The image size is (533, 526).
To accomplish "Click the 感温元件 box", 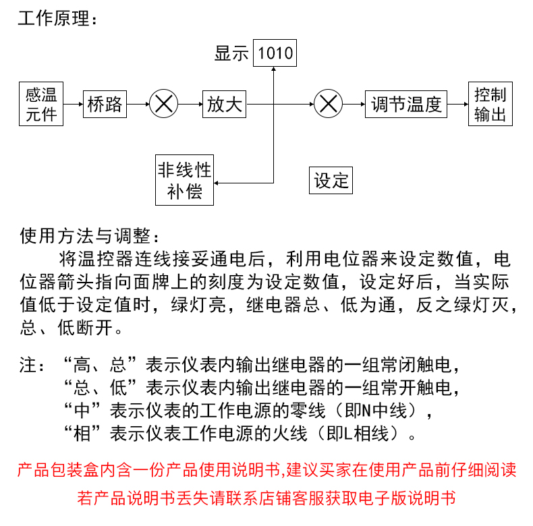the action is [x=41, y=104].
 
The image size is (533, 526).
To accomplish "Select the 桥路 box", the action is [x=105, y=104].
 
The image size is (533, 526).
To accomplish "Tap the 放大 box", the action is [x=225, y=104].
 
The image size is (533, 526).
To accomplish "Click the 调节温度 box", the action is [x=406, y=104].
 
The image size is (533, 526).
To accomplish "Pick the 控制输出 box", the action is [x=490, y=104].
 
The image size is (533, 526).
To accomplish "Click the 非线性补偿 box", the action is [x=185, y=180].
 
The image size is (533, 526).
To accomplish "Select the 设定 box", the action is [x=331, y=181].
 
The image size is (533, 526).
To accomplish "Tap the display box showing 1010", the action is [x=275, y=53].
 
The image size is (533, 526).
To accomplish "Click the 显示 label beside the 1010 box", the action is [x=231, y=54].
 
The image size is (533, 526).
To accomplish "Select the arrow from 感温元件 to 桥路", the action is [x=73, y=104].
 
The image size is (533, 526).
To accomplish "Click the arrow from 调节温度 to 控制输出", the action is [x=457, y=104].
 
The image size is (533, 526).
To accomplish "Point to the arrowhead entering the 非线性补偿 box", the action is [x=216, y=183].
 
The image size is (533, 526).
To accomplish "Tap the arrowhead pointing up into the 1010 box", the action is [x=274, y=69].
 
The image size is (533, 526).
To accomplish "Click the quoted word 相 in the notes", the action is [x=82, y=434].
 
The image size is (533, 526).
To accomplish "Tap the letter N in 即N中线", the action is [x=366, y=411].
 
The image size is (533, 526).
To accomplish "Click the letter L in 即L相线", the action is [x=347, y=434].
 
